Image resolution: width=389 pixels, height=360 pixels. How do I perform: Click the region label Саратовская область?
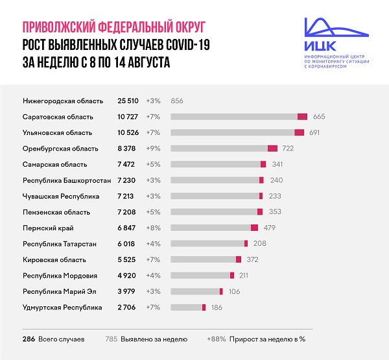[x=58, y=117]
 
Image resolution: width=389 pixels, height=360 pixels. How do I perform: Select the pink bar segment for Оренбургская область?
[x=272, y=149]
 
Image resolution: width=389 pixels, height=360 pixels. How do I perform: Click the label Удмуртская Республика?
[x=62, y=307]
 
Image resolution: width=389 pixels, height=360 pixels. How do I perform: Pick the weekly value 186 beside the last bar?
[x=218, y=307]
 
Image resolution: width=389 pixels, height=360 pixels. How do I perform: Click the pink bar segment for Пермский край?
[x=254, y=228]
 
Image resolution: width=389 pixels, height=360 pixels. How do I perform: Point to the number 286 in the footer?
[x=29, y=339]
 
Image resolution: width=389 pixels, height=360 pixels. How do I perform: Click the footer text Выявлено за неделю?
[x=156, y=339]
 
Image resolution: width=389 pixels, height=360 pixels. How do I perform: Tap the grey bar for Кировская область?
[x=203, y=259]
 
